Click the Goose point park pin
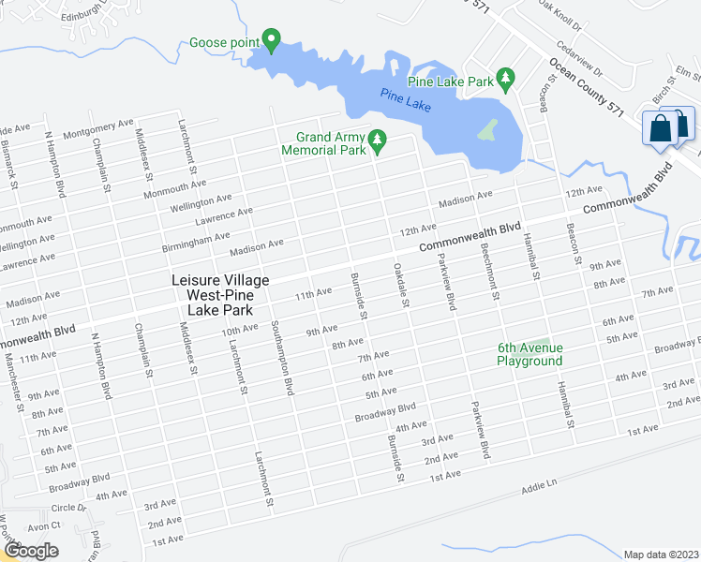pyautogui.click(x=272, y=41)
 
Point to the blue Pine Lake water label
pyautogui.click(x=406, y=99)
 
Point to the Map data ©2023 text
pyautogui.click(x=660, y=554)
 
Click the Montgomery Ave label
pyautogui.click(x=98, y=129)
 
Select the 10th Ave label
pyautogui.click(x=239, y=329)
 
